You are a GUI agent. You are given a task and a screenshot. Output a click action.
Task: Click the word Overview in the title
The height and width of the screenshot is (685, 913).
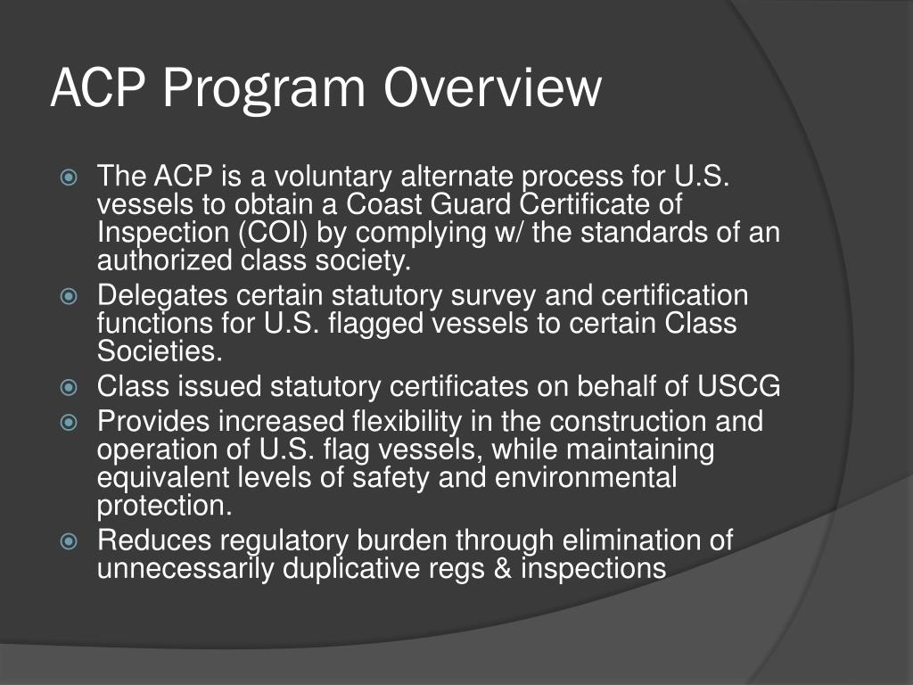tap(493, 89)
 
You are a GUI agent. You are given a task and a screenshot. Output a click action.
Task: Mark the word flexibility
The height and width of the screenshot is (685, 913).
tap(403, 420)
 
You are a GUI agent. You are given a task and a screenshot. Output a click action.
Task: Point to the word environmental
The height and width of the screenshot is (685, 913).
tap(584, 477)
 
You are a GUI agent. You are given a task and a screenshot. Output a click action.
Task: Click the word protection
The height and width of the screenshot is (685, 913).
tap(165, 506)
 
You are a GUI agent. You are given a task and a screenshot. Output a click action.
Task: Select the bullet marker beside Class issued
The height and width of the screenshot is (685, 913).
tap(71, 388)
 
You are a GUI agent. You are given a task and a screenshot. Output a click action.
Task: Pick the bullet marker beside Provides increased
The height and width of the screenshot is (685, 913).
tap(71, 422)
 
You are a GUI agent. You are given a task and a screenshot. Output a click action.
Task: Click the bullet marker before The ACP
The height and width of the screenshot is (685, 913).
tap(71, 177)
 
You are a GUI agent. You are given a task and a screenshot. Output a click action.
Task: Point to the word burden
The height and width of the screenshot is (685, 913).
tap(405, 541)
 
